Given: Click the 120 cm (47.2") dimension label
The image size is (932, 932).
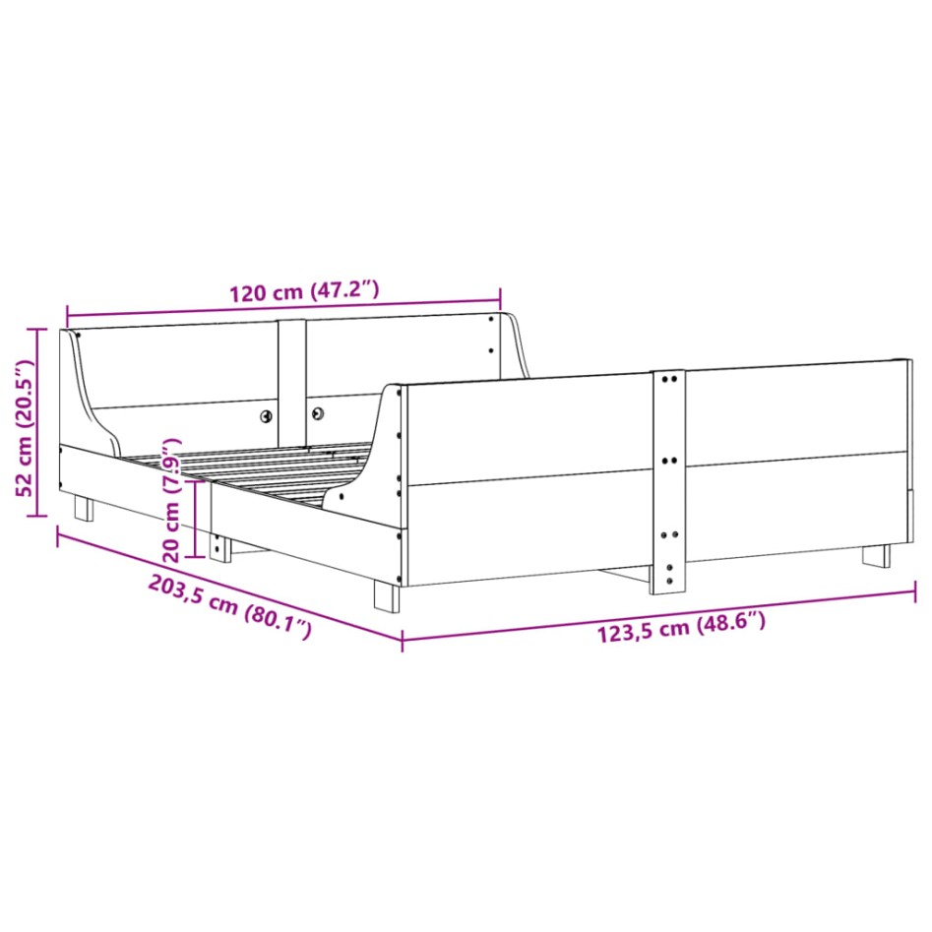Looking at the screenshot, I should click(303, 292).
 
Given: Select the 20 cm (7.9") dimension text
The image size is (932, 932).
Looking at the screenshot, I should click(173, 497).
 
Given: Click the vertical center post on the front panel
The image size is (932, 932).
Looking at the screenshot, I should click(668, 482).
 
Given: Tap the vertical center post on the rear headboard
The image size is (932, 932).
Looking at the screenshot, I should click(291, 379).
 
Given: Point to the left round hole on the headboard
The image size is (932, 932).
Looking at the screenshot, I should click(267, 415).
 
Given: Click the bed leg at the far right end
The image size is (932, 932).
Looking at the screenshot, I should click(876, 555).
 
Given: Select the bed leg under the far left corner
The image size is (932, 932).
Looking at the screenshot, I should click(85, 507).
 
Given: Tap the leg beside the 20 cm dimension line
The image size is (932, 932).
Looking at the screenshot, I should click(220, 547).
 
